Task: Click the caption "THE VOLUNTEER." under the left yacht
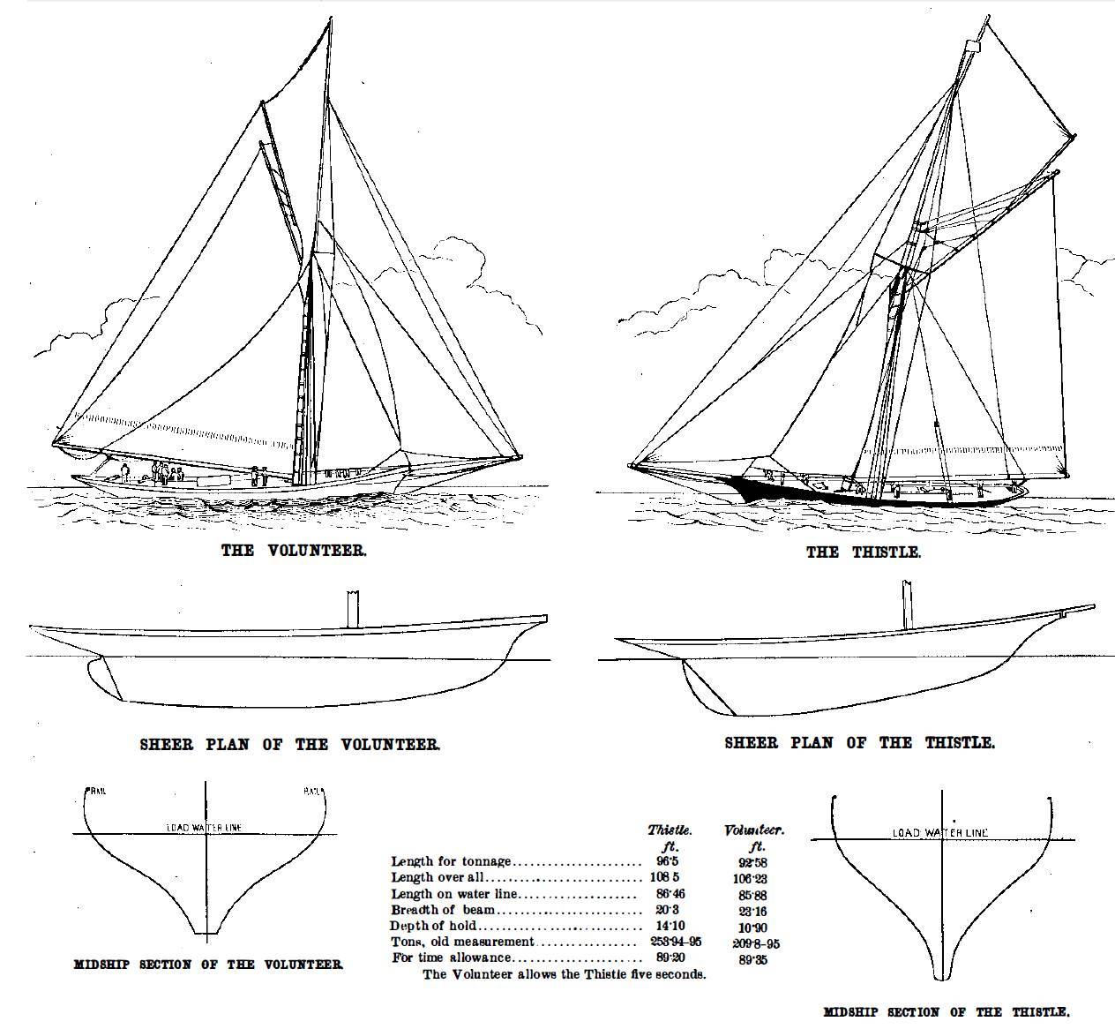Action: click(293, 551)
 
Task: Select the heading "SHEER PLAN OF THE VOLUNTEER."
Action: click(289, 745)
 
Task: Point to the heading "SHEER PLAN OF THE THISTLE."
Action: click(859, 743)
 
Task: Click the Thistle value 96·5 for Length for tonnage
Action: click(667, 860)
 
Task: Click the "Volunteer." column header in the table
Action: click(754, 830)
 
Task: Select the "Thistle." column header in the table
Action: click(670, 830)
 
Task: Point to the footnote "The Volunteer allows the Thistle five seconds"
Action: click(564, 974)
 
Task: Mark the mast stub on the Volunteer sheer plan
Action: click(353, 609)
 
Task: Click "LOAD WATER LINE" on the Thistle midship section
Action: click(939, 832)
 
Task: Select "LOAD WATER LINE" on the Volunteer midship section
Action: click(204, 828)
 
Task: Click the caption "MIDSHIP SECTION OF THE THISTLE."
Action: click(946, 1012)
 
